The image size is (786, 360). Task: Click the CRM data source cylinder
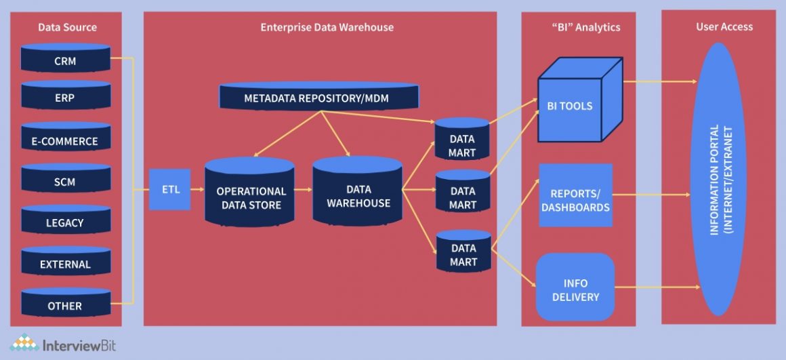tap(65, 59)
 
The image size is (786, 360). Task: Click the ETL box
tap(169, 189)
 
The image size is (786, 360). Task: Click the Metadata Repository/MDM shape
tap(318, 97)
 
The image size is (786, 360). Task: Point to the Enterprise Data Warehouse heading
tap(327, 27)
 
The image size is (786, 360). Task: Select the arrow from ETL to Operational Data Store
tap(197, 189)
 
